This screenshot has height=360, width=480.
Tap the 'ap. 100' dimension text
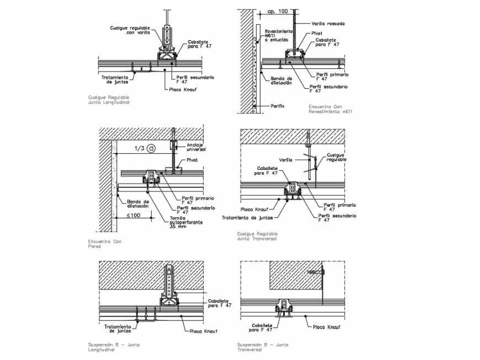pyautogui.click(x=277, y=11)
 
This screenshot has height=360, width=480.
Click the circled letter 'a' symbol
pyautogui.click(x=151, y=148)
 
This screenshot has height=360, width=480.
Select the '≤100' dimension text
pyautogui.click(x=135, y=215)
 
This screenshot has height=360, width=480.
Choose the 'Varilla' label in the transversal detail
pyautogui.click(x=285, y=160)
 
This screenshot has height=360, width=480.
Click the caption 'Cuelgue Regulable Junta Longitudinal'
pyautogui.click(x=109, y=99)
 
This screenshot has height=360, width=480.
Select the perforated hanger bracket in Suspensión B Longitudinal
pyautogui.click(x=170, y=281)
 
